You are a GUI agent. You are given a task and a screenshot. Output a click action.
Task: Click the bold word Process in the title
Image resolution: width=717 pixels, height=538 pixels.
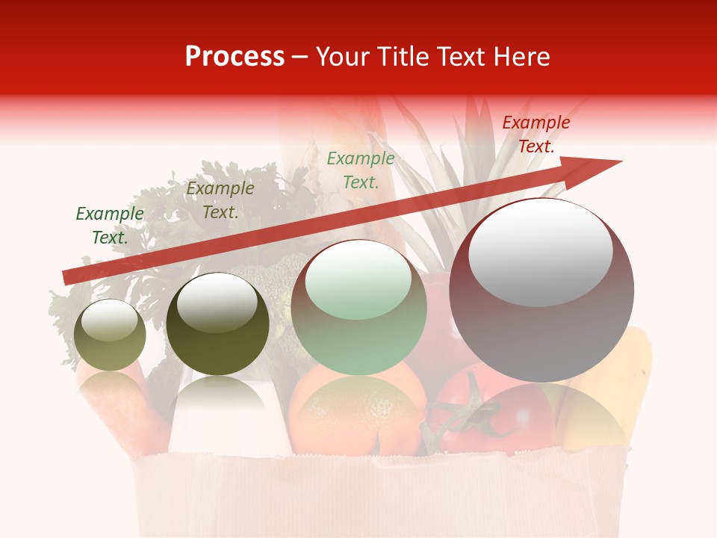[235, 57]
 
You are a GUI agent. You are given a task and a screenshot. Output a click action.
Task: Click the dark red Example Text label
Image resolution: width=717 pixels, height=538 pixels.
[536, 134]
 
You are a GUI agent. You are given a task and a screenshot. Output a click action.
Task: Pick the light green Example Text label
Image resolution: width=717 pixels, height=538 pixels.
[361, 170]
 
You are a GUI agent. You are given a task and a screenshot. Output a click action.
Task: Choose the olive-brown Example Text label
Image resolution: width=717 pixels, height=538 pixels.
[220, 200]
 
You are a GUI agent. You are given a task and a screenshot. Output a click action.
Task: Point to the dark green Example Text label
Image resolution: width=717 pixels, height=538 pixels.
[110, 225]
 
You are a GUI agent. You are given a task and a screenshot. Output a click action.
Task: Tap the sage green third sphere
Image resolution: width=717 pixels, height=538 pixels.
[358, 308]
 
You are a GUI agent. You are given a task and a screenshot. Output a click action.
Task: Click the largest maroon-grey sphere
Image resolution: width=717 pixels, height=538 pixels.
[541, 291]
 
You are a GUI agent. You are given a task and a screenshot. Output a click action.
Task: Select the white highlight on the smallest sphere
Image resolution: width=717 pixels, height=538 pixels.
[109, 320]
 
